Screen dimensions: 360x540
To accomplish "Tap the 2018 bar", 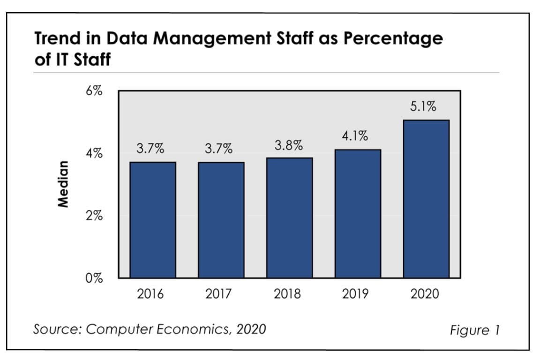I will [x=289, y=217].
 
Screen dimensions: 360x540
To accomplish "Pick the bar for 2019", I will [x=358, y=213].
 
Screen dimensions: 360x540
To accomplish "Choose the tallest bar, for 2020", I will [x=426, y=199].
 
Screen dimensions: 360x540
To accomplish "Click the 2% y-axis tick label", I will [x=94, y=216].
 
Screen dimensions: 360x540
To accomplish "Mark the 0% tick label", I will [x=94, y=278].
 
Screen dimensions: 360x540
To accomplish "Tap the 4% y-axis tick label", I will [x=94, y=154].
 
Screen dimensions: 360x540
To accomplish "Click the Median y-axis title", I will [x=62, y=184].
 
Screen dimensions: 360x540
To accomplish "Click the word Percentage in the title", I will [x=393, y=39].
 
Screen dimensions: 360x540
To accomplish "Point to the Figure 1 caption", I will [x=474, y=330].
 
